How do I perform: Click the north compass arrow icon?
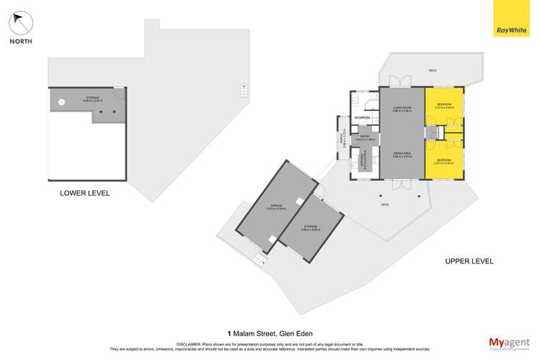click(22, 23)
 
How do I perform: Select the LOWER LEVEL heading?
click(85, 193)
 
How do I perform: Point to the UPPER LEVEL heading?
click(469, 261)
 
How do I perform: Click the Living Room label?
click(402, 108)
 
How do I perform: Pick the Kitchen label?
click(364, 163)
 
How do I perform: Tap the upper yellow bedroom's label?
click(443, 105)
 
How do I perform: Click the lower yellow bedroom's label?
click(443, 161)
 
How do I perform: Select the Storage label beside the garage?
click(310, 228)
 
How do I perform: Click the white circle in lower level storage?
click(62, 102)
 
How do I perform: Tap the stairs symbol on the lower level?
click(244, 92)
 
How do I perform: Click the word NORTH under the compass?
click(20, 42)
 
